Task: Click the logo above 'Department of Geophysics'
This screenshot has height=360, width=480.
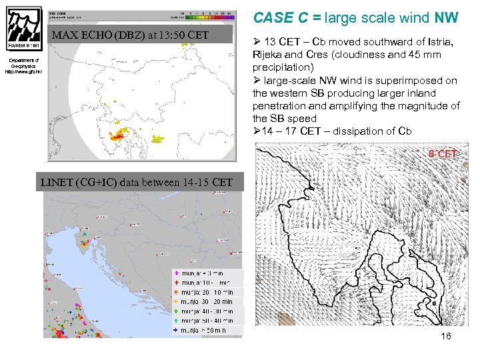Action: (x=24, y=32)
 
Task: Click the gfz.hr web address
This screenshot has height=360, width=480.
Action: (x=24, y=71)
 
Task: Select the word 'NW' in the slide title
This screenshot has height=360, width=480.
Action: (x=447, y=18)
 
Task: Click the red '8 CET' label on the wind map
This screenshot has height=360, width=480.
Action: (x=443, y=155)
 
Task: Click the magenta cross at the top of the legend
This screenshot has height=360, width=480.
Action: (x=175, y=273)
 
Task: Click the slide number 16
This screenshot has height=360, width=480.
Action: (x=445, y=336)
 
